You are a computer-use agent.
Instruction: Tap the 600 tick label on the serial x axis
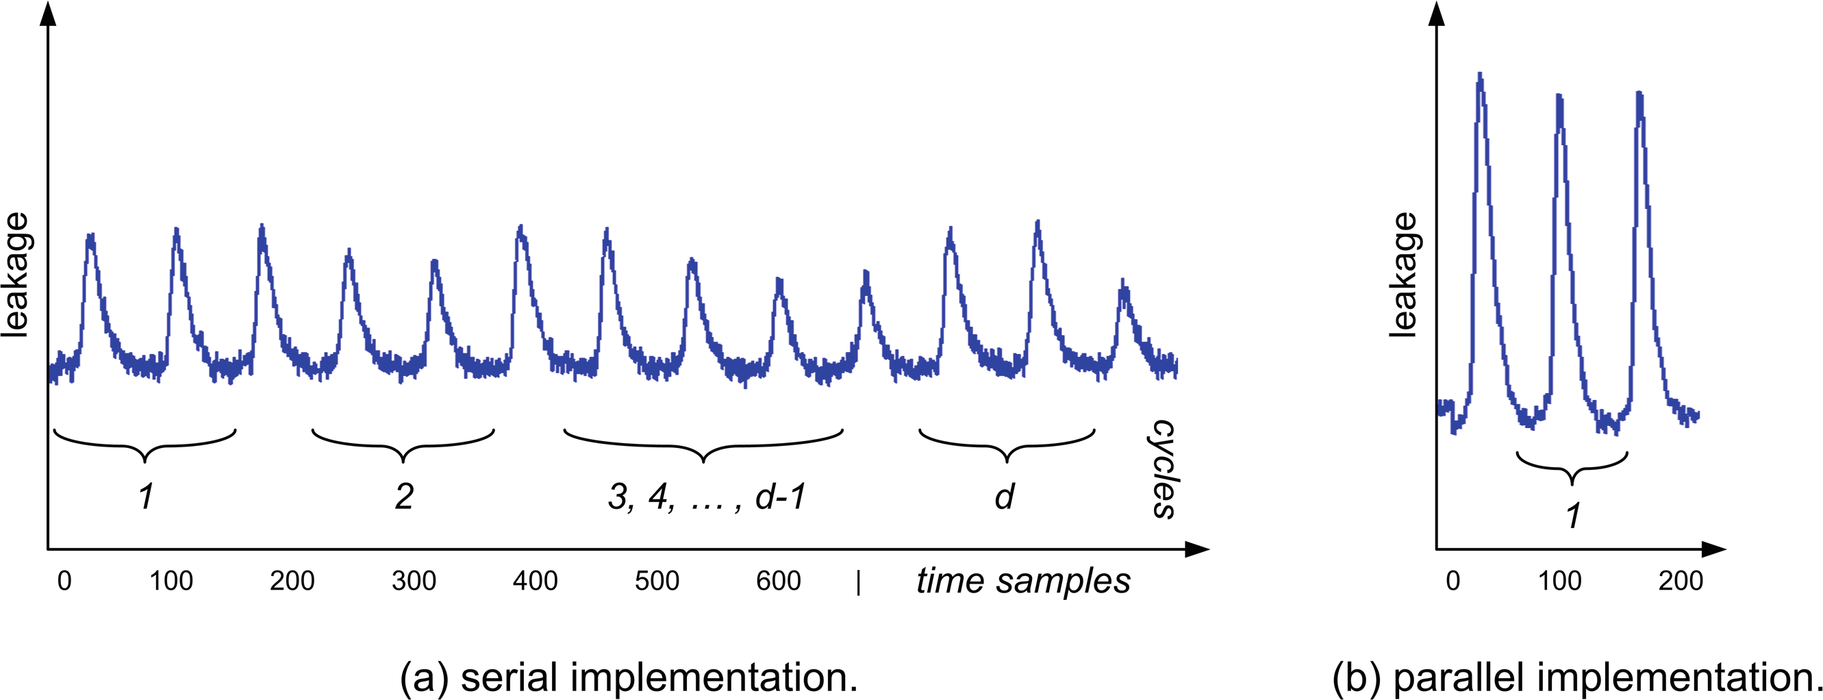click(x=778, y=581)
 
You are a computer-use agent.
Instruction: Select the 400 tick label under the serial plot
click(x=535, y=581)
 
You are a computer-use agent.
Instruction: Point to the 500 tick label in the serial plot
click(x=657, y=581)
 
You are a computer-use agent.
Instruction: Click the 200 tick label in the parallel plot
click(x=1680, y=581)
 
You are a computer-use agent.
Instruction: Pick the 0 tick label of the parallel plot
click(x=1453, y=581)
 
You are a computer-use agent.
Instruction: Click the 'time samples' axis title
click(x=1022, y=581)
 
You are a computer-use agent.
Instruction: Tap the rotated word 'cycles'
click(x=1162, y=468)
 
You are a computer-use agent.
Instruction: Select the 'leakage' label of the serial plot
click(x=16, y=275)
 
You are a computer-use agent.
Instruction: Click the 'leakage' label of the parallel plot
click(x=1403, y=275)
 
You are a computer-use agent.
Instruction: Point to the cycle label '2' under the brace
click(x=403, y=496)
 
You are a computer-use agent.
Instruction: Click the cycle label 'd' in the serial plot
click(x=1004, y=496)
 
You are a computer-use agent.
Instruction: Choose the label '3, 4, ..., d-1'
click(x=706, y=496)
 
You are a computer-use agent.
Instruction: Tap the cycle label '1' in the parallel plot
click(x=1572, y=515)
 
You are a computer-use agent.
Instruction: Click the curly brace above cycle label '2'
click(x=403, y=445)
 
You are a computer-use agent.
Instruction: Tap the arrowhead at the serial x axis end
click(x=1197, y=549)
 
